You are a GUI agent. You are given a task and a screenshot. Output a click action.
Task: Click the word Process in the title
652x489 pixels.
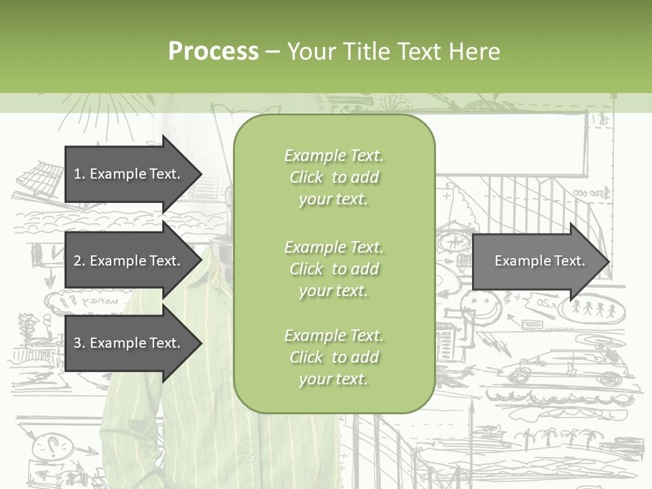[x=213, y=52]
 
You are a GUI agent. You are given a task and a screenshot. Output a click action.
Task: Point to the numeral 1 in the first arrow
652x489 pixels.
[x=77, y=174]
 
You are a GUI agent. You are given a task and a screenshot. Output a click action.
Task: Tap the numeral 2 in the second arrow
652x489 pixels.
[x=77, y=261]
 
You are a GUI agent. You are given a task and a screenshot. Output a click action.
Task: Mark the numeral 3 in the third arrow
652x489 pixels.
[x=77, y=343]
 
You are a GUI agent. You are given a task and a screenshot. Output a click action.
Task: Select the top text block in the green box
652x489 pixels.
[x=333, y=177]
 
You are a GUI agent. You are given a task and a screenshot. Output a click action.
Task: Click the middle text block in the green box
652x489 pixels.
[x=333, y=269]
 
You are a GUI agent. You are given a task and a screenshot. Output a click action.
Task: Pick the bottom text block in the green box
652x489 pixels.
[x=333, y=357]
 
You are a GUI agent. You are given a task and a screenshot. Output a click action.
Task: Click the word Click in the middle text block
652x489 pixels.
[x=306, y=269]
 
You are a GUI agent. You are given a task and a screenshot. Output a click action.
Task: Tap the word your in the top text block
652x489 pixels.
[x=314, y=200]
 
